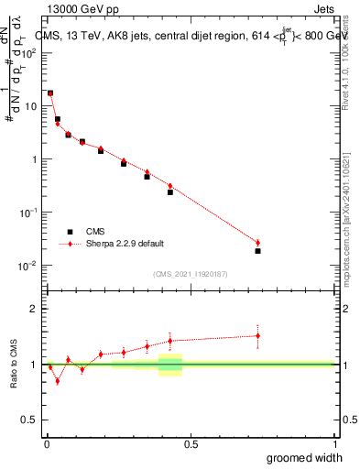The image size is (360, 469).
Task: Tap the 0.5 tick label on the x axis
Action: click(191, 444)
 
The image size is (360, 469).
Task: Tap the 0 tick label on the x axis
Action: click(46, 444)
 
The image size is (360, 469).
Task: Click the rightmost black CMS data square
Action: click(257, 251)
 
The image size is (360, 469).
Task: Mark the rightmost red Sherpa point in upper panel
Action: click(257, 243)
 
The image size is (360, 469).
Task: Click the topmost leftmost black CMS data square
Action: click(50, 93)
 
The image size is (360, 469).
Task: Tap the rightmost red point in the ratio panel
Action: click(257, 335)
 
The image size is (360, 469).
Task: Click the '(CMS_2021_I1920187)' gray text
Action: click(191, 273)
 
